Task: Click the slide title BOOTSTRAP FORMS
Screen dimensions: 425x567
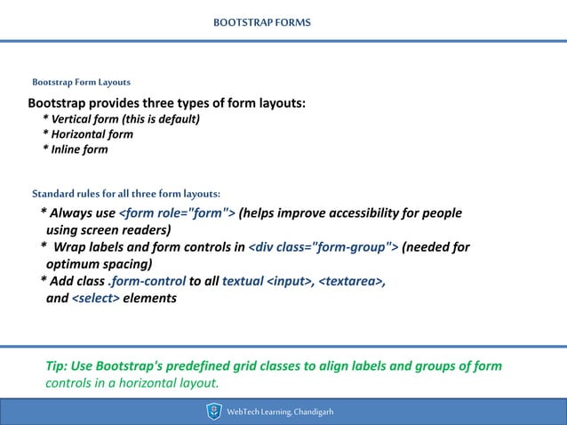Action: click(x=262, y=20)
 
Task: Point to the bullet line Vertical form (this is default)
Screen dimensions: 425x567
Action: click(x=122, y=119)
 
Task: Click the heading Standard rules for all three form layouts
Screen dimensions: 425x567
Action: click(x=125, y=193)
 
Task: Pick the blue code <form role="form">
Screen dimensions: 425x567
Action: click(x=177, y=213)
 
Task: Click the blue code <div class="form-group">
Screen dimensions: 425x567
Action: click(x=323, y=247)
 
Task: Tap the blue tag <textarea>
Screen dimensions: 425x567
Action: click(x=351, y=281)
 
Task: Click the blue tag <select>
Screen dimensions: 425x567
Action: click(x=95, y=298)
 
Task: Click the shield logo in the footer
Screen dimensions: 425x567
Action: click(x=213, y=411)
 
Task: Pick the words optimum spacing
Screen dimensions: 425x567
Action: click(x=100, y=263)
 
